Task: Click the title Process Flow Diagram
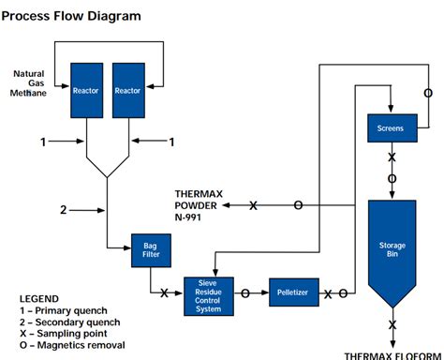click(x=71, y=16)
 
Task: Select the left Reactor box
click(x=86, y=90)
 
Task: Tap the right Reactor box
click(x=127, y=90)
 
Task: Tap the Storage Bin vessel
click(x=392, y=248)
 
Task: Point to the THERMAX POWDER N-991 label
click(x=200, y=204)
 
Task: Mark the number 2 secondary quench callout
click(x=64, y=210)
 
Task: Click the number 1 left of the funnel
click(x=42, y=142)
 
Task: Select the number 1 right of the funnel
click(x=170, y=142)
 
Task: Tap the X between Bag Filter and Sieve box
click(x=165, y=293)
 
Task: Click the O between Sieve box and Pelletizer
click(x=245, y=293)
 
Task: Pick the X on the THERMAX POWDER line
click(x=253, y=204)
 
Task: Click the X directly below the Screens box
click(x=392, y=157)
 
